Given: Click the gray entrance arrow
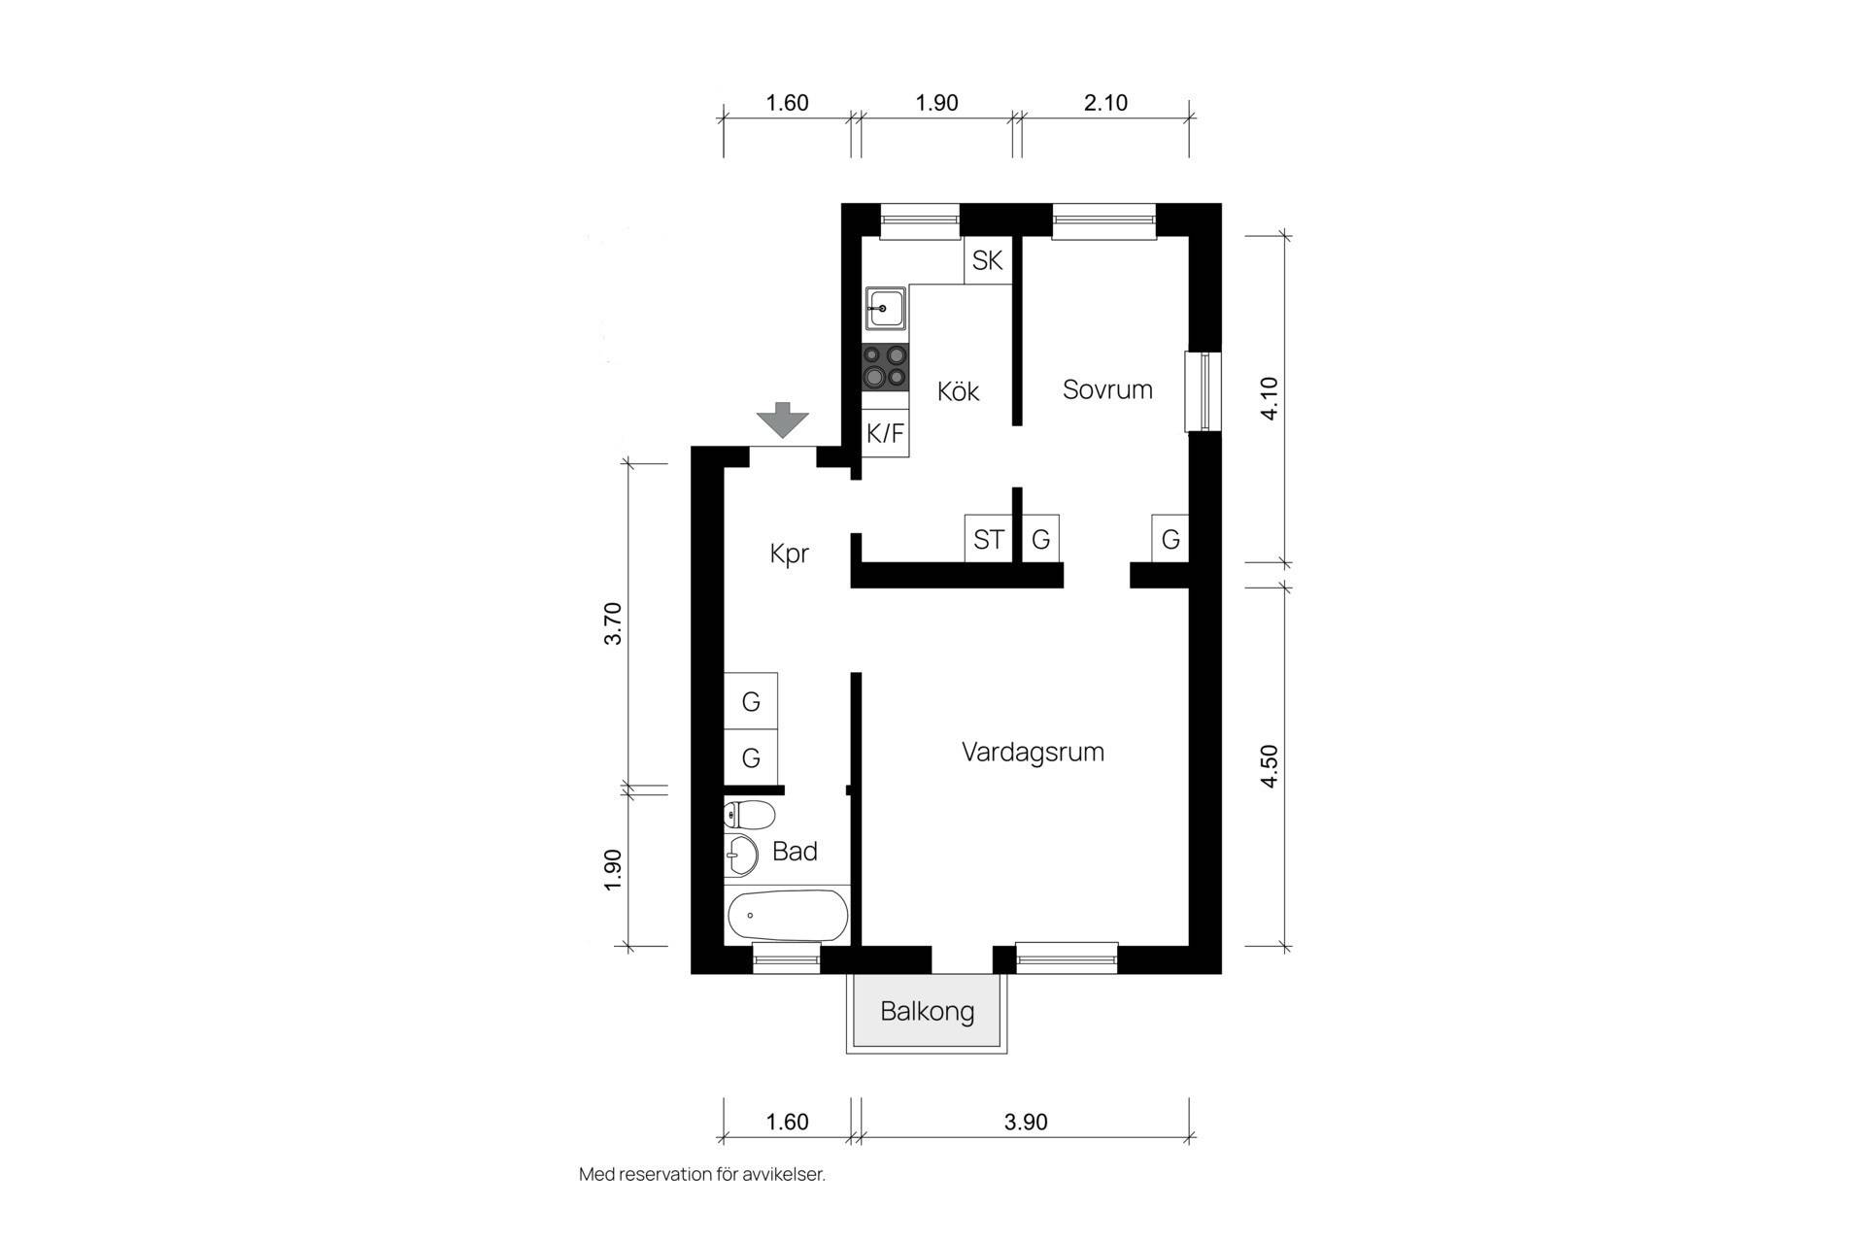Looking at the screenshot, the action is pyautogui.click(x=783, y=420).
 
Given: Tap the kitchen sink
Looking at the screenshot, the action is pyautogui.click(x=885, y=309).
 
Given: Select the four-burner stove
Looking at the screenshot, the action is pyautogui.click(x=885, y=367).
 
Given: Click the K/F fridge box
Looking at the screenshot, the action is pyautogui.click(x=885, y=433).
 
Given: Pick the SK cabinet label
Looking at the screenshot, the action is pyautogui.click(x=987, y=260).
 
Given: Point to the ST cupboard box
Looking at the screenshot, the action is pyautogui.click(x=989, y=538).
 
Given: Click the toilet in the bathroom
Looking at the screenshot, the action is pyautogui.click(x=749, y=815).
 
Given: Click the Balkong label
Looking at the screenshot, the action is pyautogui.click(x=928, y=1011).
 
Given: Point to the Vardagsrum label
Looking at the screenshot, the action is pyautogui.click(x=1033, y=753).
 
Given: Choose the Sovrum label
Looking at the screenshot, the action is pyautogui.click(x=1107, y=389).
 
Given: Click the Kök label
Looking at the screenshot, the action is pyautogui.click(x=958, y=390).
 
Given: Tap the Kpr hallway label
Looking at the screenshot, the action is pyautogui.click(x=789, y=554).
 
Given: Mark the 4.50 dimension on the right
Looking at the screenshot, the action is pyautogui.click(x=1269, y=766).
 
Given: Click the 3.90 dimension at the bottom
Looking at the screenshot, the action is pyautogui.click(x=1026, y=1122).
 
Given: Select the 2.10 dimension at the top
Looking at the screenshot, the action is pyautogui.click(x=1105, y=102).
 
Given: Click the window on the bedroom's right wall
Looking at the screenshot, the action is pyautogui.click(x=1203, y=390).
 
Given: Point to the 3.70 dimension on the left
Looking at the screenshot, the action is pyautogui.click(x=612, y=623).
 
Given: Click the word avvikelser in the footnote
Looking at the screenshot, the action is pyautogui.click(x=783, y=1174).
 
